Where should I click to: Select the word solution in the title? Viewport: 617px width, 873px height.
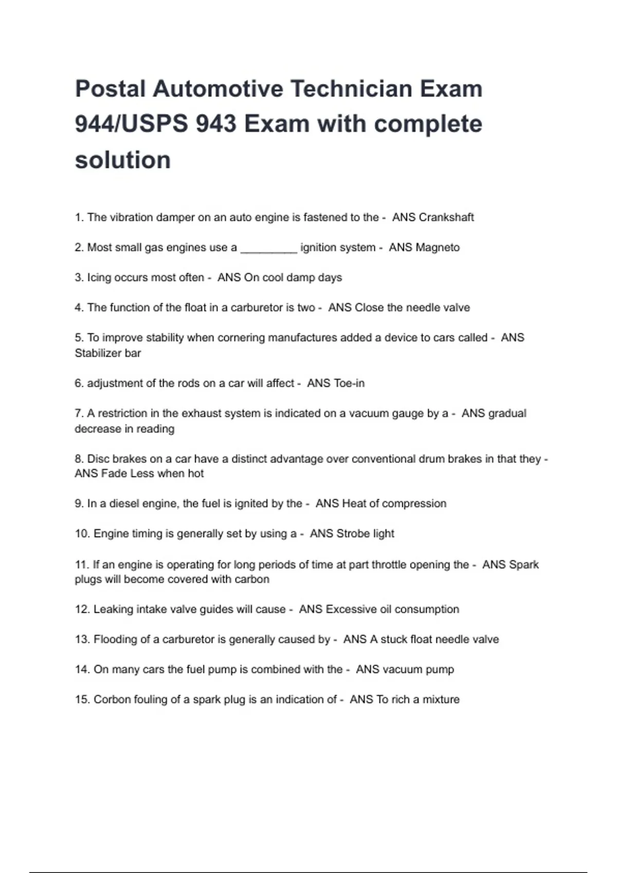point(123,160)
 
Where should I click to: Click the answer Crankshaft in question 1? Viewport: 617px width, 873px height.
point(446,217)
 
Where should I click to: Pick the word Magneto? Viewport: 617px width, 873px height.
point(438,248)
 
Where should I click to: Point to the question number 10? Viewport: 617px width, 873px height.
point(82,534)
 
